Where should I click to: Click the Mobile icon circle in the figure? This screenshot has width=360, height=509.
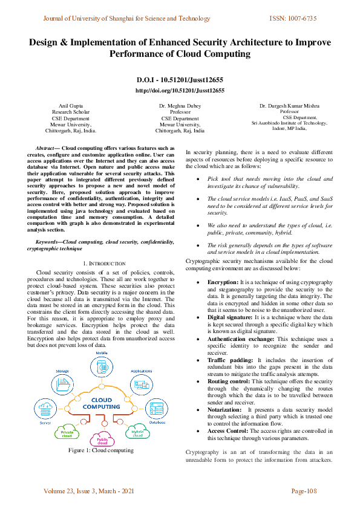[x=102, y=367]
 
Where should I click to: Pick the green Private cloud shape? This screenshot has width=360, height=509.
[x=67, y=432]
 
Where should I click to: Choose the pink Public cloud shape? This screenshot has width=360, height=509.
[x=102, y=439]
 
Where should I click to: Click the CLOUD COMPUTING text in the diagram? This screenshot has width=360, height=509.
[x=102, y=403]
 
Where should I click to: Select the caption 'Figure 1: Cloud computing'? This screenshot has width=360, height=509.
[x=101, y=450]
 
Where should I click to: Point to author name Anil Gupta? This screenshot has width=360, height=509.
[x=71, y=105]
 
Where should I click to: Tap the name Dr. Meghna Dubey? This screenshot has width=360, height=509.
[x=180, y=105]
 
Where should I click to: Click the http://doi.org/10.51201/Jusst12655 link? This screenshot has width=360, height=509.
[x=180, y=90]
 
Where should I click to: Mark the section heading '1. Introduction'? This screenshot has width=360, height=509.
[x=103, y=264]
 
